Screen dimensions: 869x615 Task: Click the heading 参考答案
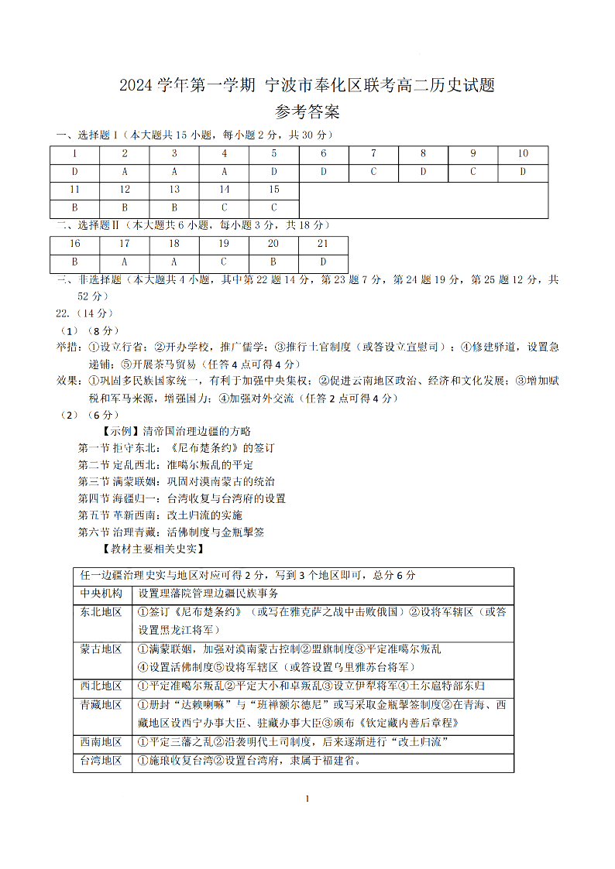click(307, 112)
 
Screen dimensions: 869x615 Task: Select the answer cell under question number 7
click(373, 172)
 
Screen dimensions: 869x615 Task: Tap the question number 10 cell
click(523, 153)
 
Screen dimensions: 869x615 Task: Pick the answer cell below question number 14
click(224, 207)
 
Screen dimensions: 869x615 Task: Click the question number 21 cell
click(323, 243)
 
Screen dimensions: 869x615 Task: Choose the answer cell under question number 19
click(224, 262)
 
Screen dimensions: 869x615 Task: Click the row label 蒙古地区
click(101, 648)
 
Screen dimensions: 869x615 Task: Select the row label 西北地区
click(101, 686)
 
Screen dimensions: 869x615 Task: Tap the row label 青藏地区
click(101, 704)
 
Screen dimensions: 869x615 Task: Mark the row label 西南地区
click(101, 742)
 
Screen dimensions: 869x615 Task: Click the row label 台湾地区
click(101, 761)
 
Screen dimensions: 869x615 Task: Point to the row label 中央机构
click(101, 594)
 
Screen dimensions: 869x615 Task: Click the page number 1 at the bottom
click(307, 799)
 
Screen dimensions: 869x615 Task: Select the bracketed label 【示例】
click(121, 430)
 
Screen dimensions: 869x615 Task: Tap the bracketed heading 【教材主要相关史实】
click(153, 549)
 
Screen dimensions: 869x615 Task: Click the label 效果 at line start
click(67, 381)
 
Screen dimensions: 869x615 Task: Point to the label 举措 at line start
click(67, 346)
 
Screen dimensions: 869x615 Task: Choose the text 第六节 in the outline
click(95, 532)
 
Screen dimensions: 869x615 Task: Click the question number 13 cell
click(174, 190)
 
